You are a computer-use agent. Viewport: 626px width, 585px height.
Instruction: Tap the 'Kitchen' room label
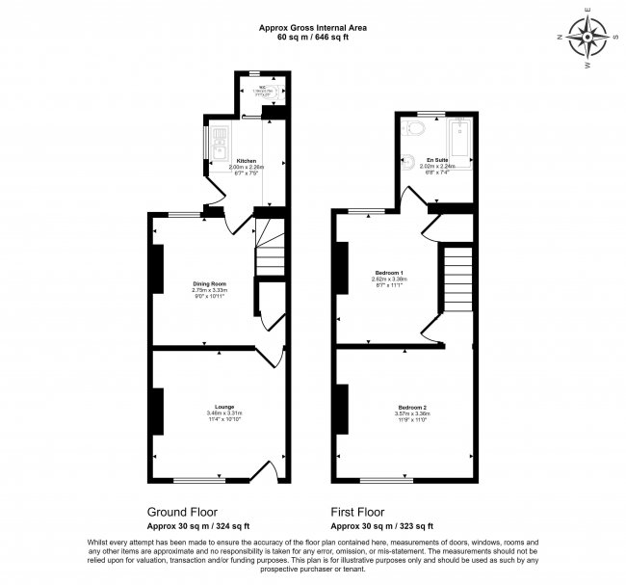[247, 160]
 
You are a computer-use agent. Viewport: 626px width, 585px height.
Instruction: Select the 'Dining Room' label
[208, 283]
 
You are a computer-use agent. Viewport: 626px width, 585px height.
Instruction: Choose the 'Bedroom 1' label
[389, 274]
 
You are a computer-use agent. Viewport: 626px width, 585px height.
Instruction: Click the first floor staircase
[457, 279]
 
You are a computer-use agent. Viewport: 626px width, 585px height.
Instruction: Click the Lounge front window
[199, 480]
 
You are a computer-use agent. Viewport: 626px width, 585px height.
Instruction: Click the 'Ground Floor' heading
[181, 512]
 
